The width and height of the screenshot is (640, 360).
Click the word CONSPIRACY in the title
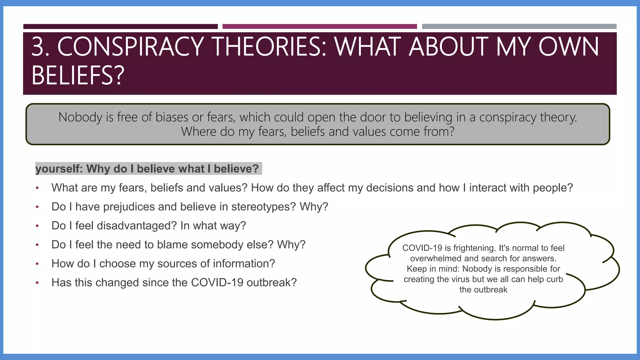click(x=131, y=47)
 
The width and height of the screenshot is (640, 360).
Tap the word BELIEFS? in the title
click(x=78, y=75)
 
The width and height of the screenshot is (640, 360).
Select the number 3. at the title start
click(x=41, y=47)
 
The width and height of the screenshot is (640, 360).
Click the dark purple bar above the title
click(x=120, y=27)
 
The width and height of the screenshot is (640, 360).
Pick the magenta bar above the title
click(x=319, y=27)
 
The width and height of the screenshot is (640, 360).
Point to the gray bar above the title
click(x=519, y=27)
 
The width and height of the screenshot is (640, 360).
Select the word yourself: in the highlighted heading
click(x=59, y=169)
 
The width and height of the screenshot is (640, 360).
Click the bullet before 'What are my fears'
click(x=37, y=188)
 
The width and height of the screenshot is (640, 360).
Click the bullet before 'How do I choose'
click(x=37, y=264)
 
